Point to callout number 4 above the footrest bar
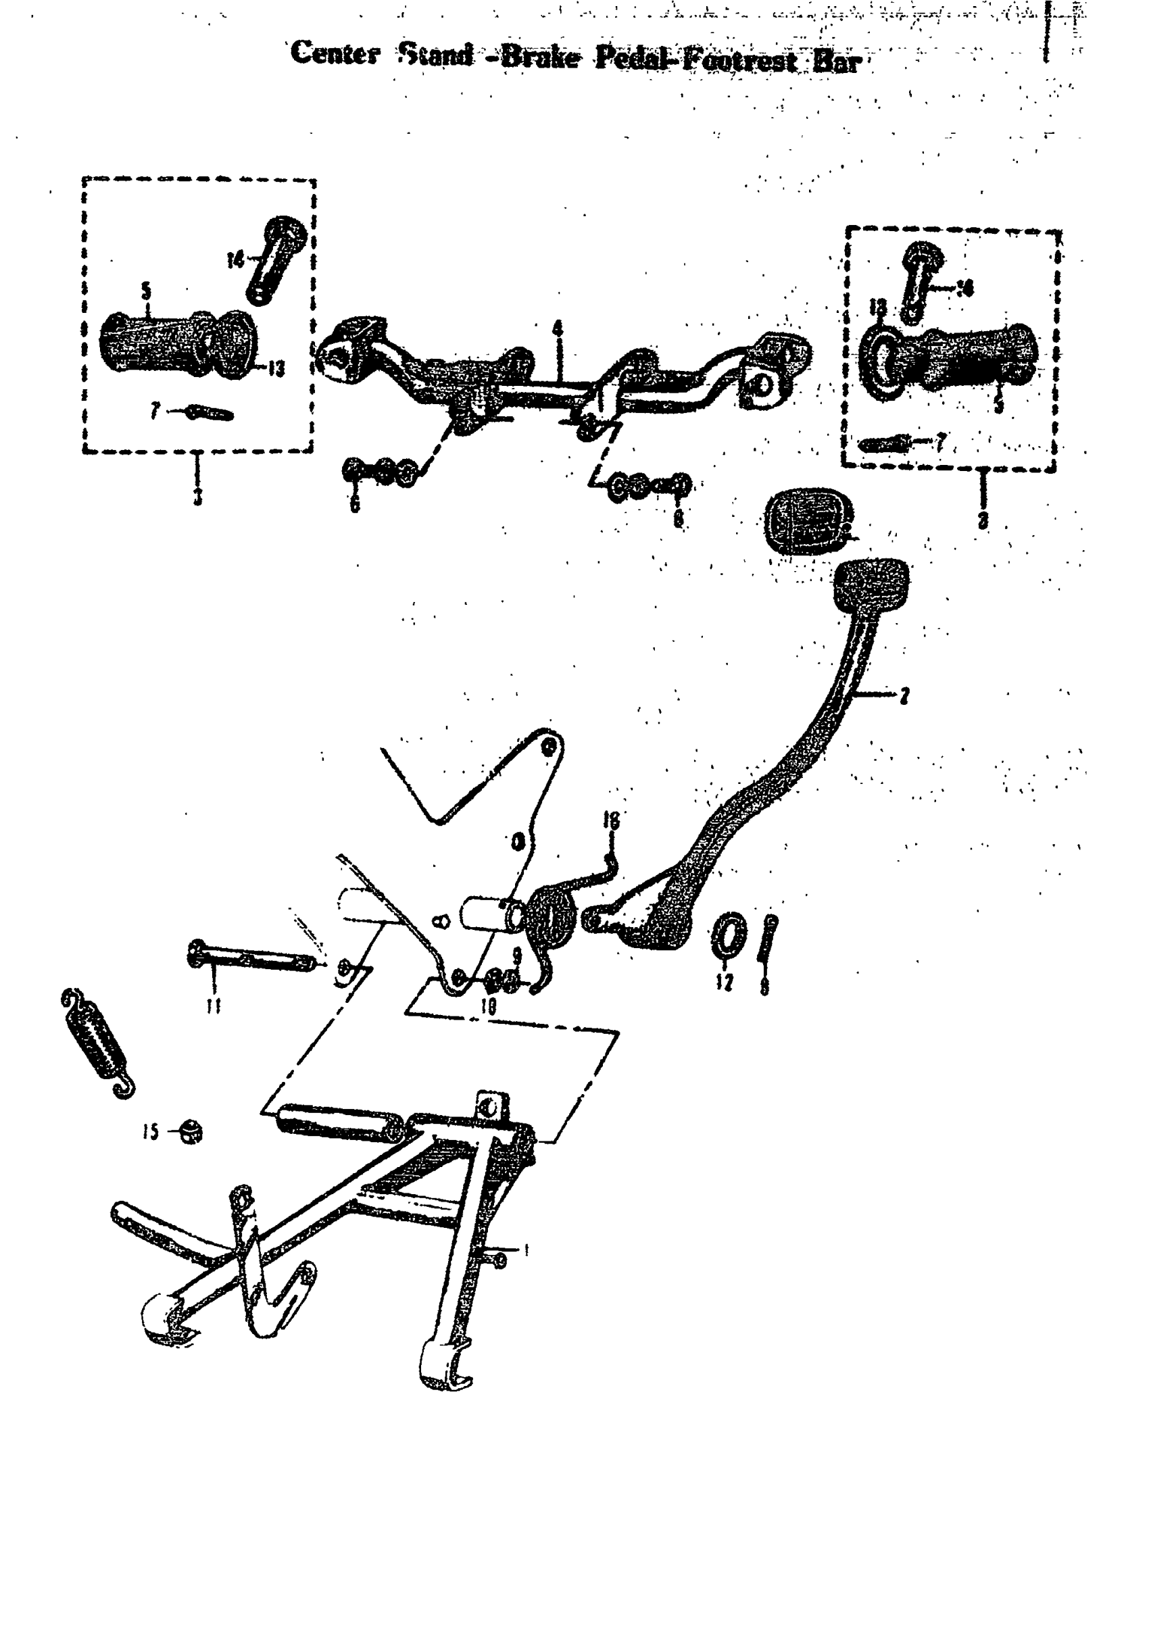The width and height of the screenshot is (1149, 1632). (558, 329)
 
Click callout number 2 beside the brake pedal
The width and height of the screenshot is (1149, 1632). (904, 696)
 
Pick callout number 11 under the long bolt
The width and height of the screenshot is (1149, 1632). (213, 1005)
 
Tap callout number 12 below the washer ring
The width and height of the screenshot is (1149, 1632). (725, 983)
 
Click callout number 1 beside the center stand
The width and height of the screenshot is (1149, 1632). (525, 1248)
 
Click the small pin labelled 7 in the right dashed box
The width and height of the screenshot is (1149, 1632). (885, 444)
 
